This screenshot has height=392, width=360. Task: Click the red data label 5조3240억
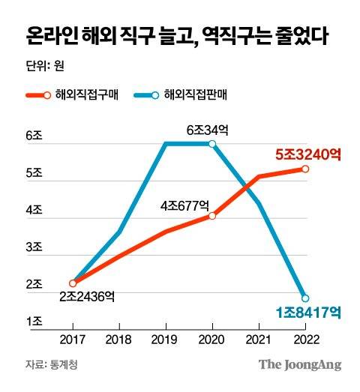pyautogui.click(x=308, y=155)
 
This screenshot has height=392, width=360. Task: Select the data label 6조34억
pyautogui.click(x=207, y=129)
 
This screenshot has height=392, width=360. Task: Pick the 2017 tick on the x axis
pyautogui.click(x=73, y=340)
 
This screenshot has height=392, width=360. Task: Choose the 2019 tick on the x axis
pyautogui.click(x=166, y=340)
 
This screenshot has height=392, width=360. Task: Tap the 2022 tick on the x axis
pyautogui.click(x=304, y=340)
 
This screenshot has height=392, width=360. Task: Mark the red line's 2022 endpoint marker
pyautogui.click(x=304, y=169)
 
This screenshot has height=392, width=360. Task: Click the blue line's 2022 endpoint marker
pyautogui.click(x=304, y=298)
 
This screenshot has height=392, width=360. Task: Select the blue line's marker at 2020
pyautogui.click(x=212, y=144)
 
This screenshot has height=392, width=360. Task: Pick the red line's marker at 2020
pyautogui.click(x=212, y=216)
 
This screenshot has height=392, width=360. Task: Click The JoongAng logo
pyautogui.click(x=300, y=365)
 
